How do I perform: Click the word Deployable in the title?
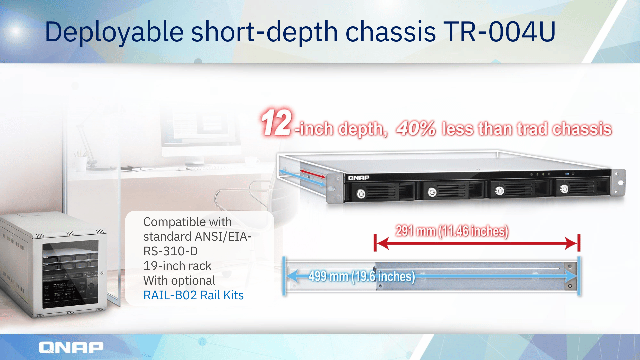click(114, 33)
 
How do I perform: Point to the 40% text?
click(416, 128)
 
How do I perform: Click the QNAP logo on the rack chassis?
click(359, 178)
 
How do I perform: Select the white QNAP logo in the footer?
click(71, 347)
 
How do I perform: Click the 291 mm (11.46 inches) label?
click(452, 231)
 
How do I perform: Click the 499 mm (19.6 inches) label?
click(362, 276)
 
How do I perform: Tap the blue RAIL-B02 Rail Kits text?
click(193, 295)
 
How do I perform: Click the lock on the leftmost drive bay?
click(361, 194)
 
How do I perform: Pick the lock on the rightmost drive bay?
click(564, 189)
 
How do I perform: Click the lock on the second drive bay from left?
click(432, 192)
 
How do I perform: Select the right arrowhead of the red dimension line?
click(571, 243)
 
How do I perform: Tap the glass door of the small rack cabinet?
click(70, 274)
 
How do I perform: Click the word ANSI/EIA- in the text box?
click(223, 237)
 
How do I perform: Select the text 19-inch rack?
click(177, 266)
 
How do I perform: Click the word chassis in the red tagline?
click(582, 129)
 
